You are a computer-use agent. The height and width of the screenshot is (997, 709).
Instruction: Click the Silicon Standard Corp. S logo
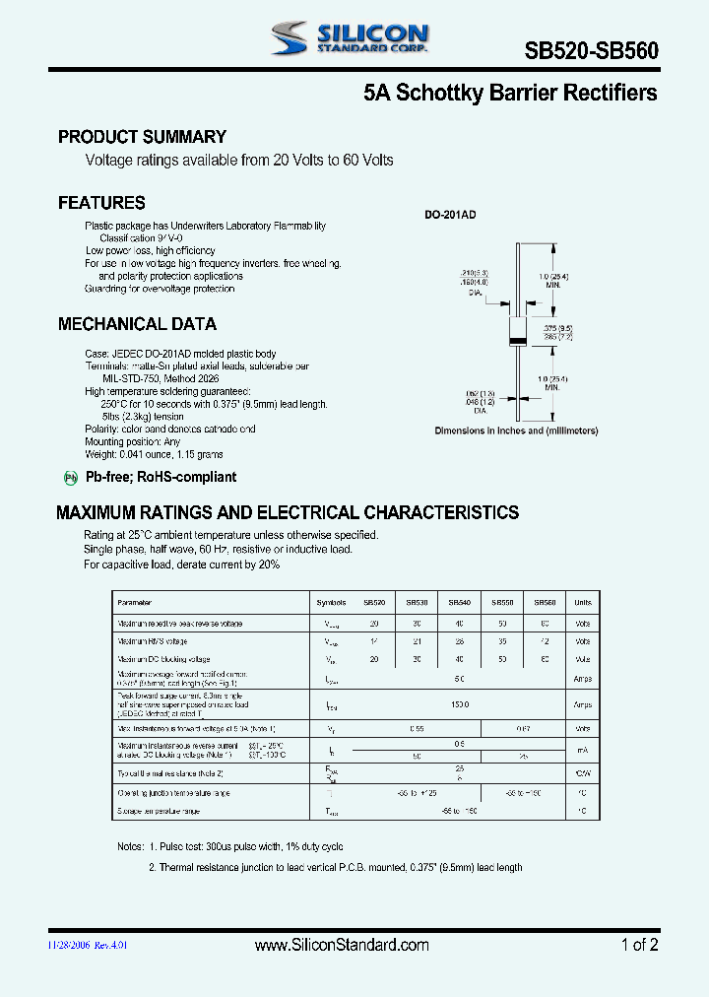coord(291,38)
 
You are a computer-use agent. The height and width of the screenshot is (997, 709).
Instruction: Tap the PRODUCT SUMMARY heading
coord(142,137)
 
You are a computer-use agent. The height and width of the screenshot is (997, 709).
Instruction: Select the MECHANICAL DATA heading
coord(137,324)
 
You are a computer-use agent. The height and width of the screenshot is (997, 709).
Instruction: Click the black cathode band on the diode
coord(515,341)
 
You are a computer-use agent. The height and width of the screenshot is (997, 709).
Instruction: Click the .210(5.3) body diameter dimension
coord(475,272)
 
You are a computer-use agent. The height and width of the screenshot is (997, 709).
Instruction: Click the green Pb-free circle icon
coord(70,478)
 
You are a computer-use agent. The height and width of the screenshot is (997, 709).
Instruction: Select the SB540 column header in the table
coord(460,602)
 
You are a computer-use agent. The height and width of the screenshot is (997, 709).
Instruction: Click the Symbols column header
coord(332,602)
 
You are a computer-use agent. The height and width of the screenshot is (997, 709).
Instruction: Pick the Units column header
coord(583,602)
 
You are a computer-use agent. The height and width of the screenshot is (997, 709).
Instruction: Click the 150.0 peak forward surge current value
coord(460,704)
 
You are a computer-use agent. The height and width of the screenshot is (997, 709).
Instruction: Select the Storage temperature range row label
coord(158,811)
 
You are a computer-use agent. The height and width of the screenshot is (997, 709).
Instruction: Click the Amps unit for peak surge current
coord(583,704)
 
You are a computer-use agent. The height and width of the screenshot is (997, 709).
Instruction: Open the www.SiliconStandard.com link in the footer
coord(342,945)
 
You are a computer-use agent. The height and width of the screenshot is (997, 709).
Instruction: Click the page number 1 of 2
coord(639,945)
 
